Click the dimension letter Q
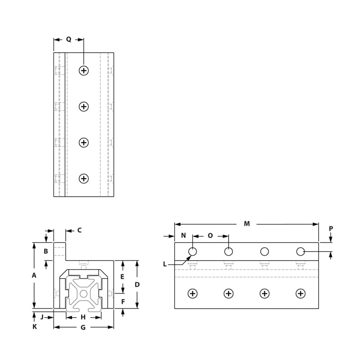click(68, 40)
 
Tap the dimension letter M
click(247, 224)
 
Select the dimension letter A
click(34, 276)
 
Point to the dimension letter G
click(83, 328)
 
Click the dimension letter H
click(83, 317)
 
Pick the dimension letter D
click(137, 284)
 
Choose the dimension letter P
click(331, 229)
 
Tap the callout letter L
click(165, 264)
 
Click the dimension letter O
click(210, 236)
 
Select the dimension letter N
click(183, 236)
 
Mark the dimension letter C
click(79, 230)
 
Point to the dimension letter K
click(34, 327)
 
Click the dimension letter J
click(42, 317)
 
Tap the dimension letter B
click(46, 252)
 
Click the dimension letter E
click(122, 276)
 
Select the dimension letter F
click(122, 301)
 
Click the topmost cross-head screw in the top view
click(84, 70)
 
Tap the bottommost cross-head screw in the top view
click(84, 179)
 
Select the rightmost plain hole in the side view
click(301, 251)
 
